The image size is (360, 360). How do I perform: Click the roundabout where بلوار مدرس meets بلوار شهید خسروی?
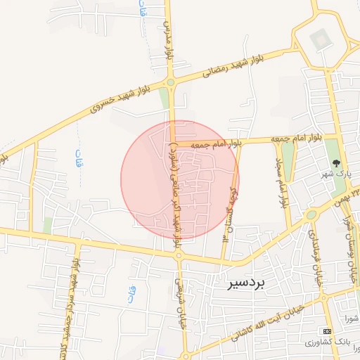tap(171, 81)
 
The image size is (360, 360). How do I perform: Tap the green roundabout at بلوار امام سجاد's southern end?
tap(310, 215)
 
